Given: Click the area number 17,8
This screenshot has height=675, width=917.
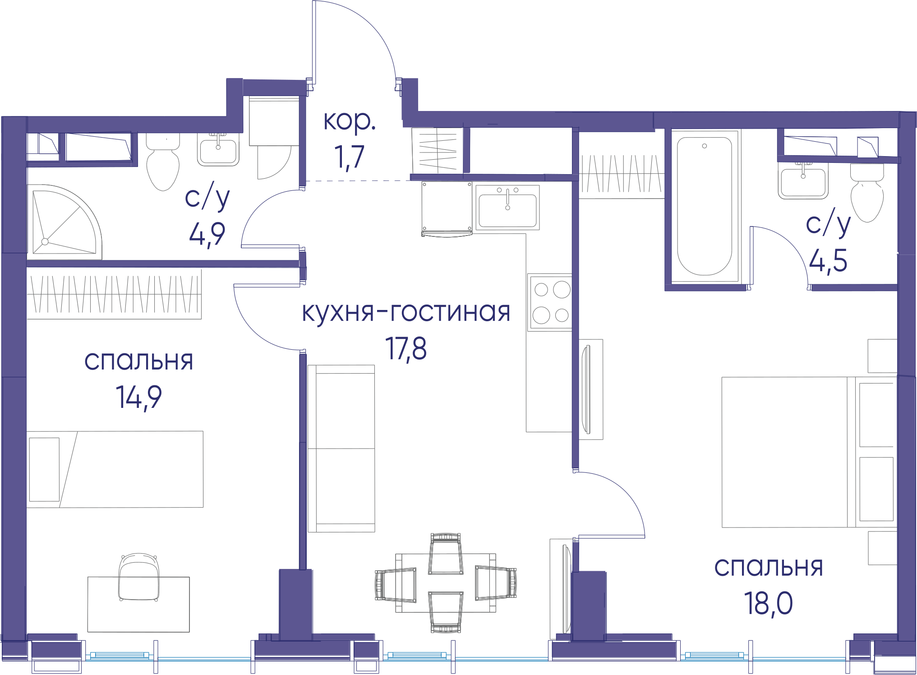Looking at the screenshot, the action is click(406, 349).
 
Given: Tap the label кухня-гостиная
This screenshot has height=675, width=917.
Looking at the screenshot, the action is click(406, 312).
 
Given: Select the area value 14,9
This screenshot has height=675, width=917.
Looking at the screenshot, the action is click(139, 398).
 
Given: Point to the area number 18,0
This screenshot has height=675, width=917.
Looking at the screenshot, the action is click(768, 603).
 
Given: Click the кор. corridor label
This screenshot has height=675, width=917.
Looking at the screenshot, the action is click(350, 121).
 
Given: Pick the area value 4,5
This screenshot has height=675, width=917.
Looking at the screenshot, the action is click(828, 261).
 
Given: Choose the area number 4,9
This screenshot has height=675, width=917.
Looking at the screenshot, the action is click(207, 234).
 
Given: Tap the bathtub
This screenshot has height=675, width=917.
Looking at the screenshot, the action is click(705, 207).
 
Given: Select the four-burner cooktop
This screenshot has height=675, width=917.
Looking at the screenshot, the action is click(550, 302).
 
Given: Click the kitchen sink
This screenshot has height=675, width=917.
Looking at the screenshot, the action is click(507, 207).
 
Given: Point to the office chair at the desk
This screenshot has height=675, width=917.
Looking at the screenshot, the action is click(139, 578).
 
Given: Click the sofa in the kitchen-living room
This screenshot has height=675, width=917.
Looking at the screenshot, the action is click(341, 448).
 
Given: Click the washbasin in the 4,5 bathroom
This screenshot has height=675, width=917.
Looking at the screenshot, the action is click(803, 180).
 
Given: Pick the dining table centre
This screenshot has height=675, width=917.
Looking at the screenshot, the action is click(446, 583).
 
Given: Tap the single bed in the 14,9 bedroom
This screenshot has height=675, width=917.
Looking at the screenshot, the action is click(115, 469).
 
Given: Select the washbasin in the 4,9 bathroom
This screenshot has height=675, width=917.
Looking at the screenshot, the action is click(218, 150).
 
